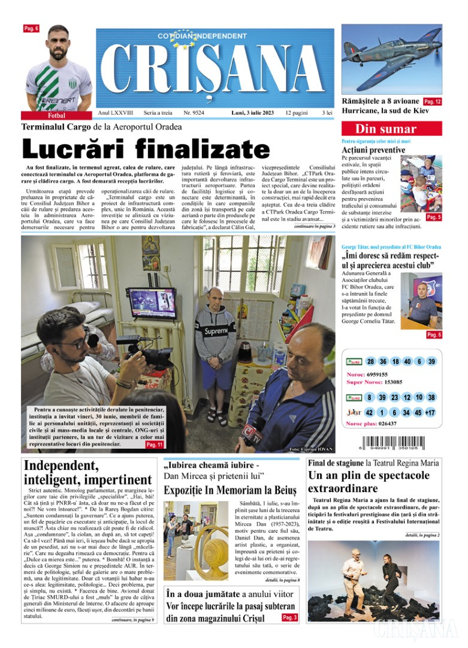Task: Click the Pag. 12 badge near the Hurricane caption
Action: [432, 101]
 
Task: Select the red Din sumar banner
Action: [391, 128]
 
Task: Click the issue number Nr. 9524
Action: [194, 113]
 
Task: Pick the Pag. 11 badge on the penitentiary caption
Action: [154, 445]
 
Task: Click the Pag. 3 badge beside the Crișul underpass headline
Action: [289, 617]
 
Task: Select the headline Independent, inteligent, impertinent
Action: [87, 473]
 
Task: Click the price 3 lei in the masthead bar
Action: [327, 113]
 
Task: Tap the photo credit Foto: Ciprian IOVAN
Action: [310, 448]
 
